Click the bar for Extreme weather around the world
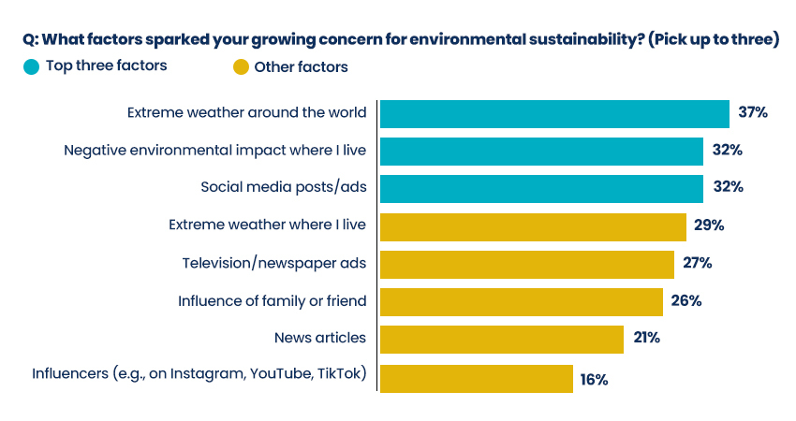554,113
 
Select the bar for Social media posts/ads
541,187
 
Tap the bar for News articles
501,339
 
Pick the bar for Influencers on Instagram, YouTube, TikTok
476,377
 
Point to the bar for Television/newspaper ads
526,264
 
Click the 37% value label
753,113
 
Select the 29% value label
710,225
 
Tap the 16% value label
594,380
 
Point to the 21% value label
646,339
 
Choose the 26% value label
686,301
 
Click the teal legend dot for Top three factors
32,66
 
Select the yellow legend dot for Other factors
241,66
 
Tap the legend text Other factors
301,66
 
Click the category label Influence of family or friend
272,301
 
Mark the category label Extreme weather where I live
267,225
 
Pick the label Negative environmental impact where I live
214,150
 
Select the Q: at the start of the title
30,39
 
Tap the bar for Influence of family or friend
521,301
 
